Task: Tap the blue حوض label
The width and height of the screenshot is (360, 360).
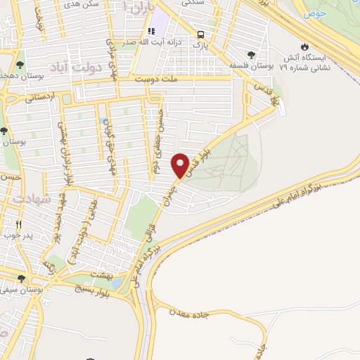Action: point(314,13)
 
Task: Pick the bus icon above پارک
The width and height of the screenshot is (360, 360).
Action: point(202,35)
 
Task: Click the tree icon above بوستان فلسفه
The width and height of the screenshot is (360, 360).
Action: point(251,54)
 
